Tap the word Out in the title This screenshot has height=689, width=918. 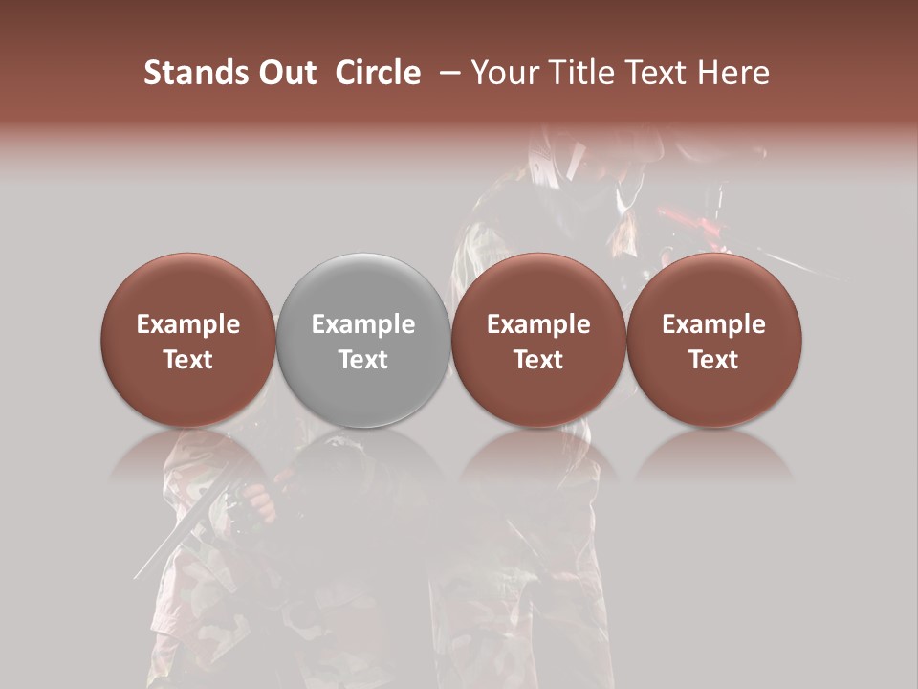click(x=285, y=73)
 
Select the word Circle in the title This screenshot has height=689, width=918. click(x=378, y=73)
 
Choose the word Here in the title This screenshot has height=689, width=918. click(x=736, y=73)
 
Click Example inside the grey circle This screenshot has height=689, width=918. click(x=363, y=324)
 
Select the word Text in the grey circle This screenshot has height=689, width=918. click(x=363, y=360)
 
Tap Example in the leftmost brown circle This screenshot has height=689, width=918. click(x=188, y=324)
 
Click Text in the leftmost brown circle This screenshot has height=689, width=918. click(x=188, y=360)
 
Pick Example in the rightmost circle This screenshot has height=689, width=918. click(x=713, y=324)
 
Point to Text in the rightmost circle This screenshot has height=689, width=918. click(x=713, y=360)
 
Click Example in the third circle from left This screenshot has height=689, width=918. click(x=538, y=324)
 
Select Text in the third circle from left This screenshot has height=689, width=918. click(x=538, y=360)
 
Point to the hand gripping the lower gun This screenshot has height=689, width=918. click(x=254, y=502)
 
